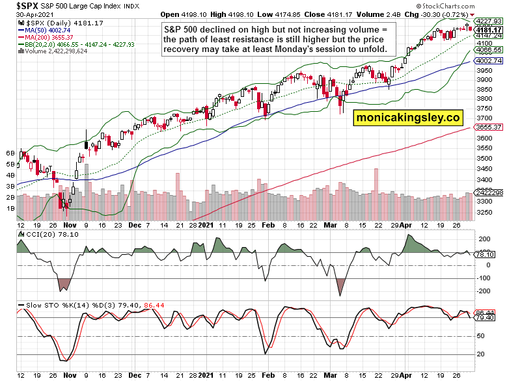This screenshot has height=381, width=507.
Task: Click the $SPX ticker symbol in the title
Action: coord(18,5)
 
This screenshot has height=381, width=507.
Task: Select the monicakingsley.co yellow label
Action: coord(407,118)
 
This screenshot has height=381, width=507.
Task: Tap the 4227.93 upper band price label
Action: coord(489,21)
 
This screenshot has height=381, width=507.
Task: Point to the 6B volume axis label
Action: coord(10,153)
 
